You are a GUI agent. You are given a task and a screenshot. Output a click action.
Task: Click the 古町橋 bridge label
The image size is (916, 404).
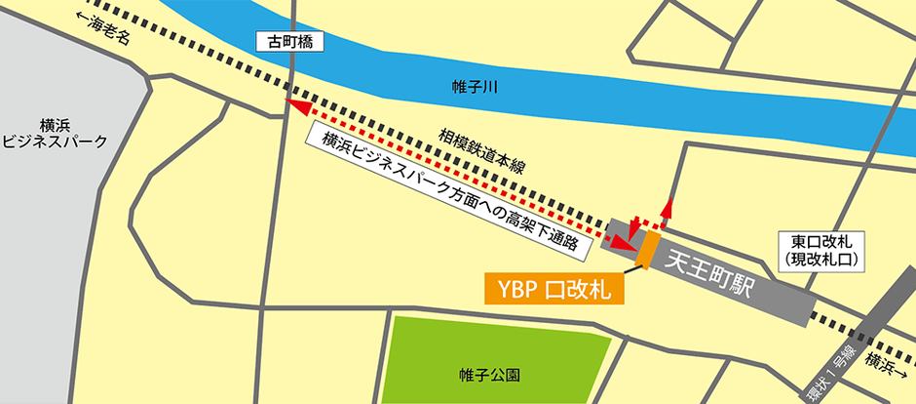pyautogui.click(x=287, y=42)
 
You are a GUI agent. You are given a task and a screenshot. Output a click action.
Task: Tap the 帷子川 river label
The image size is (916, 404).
pyautogui.click(x=476, y=88)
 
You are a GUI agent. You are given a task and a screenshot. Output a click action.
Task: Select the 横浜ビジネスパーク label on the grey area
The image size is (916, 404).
pyautogui.click(x=55, y=133)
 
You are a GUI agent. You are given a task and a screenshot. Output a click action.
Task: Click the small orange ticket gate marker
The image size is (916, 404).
pyautogui.click(x=645, y=250)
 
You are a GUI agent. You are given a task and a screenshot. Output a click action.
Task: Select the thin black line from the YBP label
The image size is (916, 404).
pyautogui.click(x=629, y=270)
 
